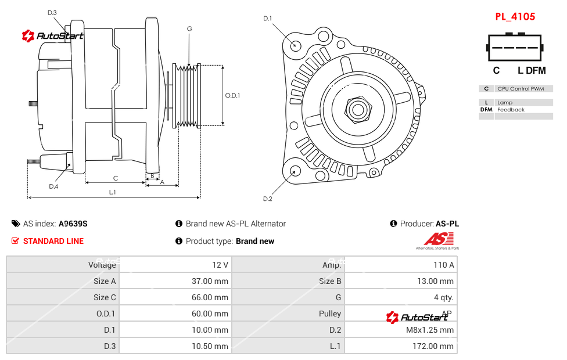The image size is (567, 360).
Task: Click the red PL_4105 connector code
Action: (515, 17)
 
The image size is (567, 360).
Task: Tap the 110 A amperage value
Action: (443, 265)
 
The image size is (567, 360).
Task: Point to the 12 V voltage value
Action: (220, 265)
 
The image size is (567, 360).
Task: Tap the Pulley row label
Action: (330, 314)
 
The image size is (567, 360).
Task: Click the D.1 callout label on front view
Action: (267, 19)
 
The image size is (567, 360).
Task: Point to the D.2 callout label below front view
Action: (267, 199)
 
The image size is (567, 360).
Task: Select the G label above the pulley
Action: (189, 28)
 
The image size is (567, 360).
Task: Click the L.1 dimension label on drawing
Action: (113, 192)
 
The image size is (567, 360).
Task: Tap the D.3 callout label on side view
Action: (52, 12)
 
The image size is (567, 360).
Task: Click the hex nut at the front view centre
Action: (357, 109)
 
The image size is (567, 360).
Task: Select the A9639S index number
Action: (73, 224)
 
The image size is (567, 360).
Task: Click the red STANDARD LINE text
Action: (53, 241)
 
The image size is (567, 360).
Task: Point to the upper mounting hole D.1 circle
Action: (295, 45)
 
